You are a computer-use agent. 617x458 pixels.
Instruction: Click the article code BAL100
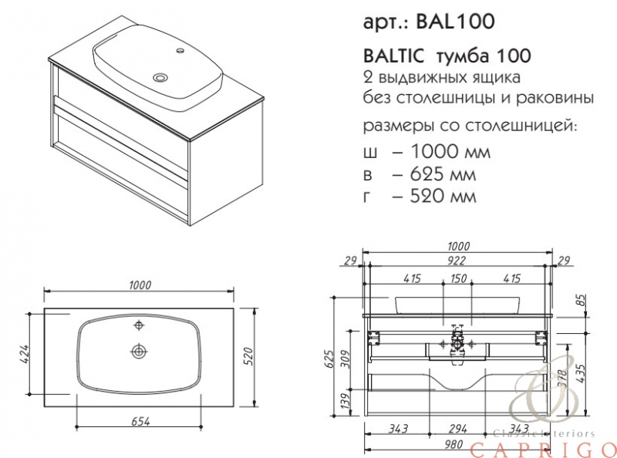(455, 22)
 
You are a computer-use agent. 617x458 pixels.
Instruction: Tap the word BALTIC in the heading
(394, 56)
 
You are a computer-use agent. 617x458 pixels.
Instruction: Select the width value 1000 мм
(450, 151)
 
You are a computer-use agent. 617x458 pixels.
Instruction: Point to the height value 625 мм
(443, 174)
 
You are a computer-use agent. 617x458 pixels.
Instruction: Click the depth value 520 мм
(443, 196)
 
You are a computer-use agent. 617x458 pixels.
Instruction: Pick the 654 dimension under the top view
(140, 421)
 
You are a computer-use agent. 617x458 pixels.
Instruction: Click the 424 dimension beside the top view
(25, 354)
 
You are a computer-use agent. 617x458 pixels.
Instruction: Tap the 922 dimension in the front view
(457, 260)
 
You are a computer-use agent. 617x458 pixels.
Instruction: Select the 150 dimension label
(458, 278)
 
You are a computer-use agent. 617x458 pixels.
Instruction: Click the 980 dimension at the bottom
(453, 444)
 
